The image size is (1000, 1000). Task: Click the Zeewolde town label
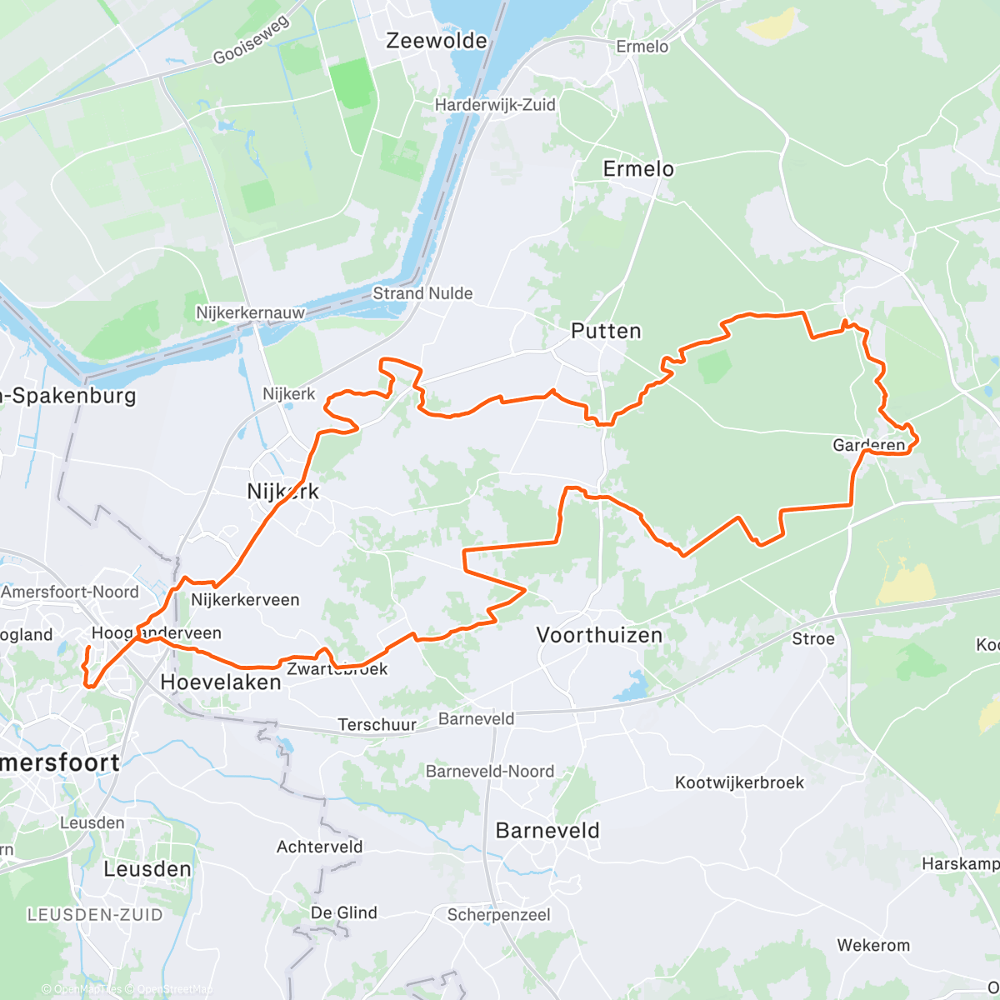click(x=437, y=41)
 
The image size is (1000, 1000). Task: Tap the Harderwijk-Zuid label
click(x=495, y=105)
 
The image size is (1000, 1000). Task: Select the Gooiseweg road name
click(x=251, y=40)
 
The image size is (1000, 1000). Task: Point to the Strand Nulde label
click(x=422, y=293)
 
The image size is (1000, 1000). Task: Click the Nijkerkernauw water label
click(x=250, y=312)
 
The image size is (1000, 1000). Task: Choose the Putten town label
click(x=606, y=331)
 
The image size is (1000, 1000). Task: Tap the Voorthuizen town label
click(x=599, y=635)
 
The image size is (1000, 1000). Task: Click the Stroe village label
click(x=812, y=638)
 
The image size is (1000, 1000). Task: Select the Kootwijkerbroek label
click(x=739, y=782)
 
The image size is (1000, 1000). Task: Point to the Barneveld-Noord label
click(x=489, y=771)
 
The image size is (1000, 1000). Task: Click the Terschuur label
click(x=377, y=725)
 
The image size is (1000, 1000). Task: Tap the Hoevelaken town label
click(x=220, y=682)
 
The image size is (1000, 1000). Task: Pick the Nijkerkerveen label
click(x=245, y=600)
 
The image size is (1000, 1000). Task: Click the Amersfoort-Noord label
click(x=70, y=592)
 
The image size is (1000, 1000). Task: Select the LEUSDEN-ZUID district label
click(x=95, y=915)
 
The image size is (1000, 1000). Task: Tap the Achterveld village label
click(x=319, y=847)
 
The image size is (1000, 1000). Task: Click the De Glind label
click(x=343, y=912)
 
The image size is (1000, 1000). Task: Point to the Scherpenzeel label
click(x=498, y=915)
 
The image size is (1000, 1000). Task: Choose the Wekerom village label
click(x=873, y=945)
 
